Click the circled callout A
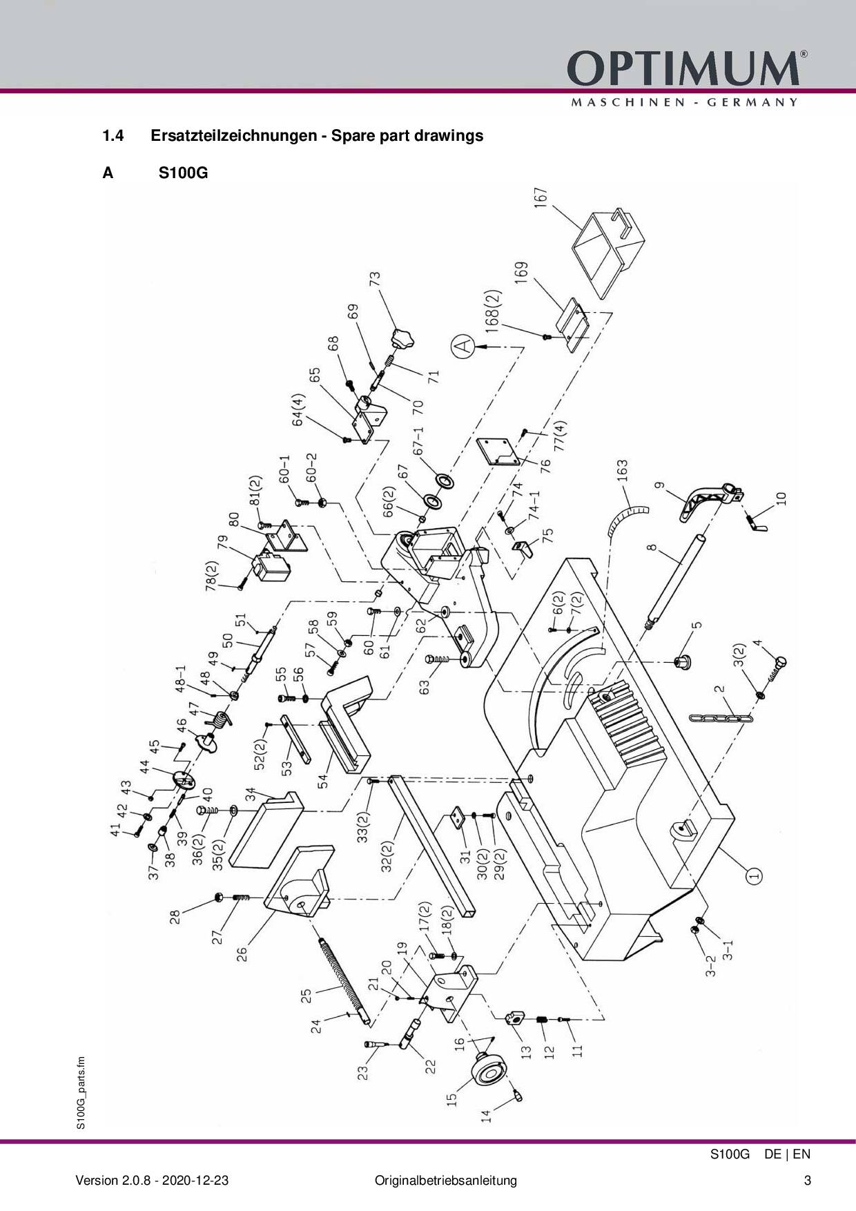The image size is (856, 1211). pyautogui.click(x=465, y=345)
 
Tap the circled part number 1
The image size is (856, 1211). pyautogui.click(x=754, y=875)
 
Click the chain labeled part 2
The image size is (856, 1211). pyautogui.click(x=721, y=719)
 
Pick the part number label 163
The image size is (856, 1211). pyautogui.click(x=622, y=476)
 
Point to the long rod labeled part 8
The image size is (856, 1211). pyautogui.click(x=674, y=580)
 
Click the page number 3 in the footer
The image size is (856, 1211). pyautogui.click(x=807, y=1180)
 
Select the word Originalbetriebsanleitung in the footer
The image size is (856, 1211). pyautogui.click(x=445, y=1180)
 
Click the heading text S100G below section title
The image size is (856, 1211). pyautogui.click(x=183, y=173)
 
